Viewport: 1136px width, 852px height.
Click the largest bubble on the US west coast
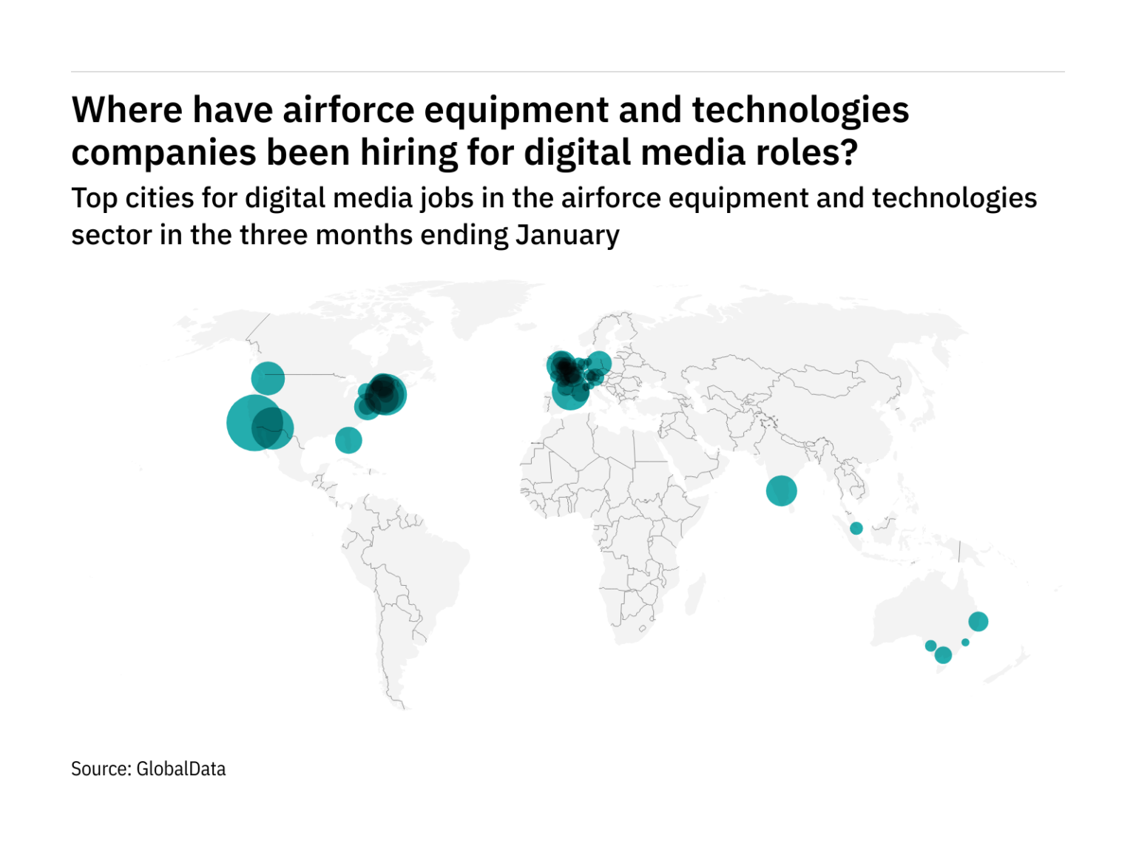pos(254,422)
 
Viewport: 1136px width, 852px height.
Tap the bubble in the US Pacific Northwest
pos(268,379)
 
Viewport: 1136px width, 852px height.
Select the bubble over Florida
pos(348,440)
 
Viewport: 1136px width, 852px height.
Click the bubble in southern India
pos(781,490)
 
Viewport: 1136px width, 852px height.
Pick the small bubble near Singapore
pos(856,528)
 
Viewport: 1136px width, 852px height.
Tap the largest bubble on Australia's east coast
pos(978,621)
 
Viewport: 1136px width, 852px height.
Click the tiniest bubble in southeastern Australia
pos(965,642)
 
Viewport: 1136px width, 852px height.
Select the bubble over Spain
pos(570,392)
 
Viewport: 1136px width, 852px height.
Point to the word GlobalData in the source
pos(181,769)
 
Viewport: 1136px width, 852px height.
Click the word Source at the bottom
pos(101,769)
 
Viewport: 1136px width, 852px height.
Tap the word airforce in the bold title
pos(348,110)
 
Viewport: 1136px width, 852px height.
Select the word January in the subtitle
pos(567,235)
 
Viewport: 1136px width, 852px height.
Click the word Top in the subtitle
pos(94,198)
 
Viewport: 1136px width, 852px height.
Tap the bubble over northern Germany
pos(598,363)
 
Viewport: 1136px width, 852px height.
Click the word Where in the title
pos(126,110)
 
